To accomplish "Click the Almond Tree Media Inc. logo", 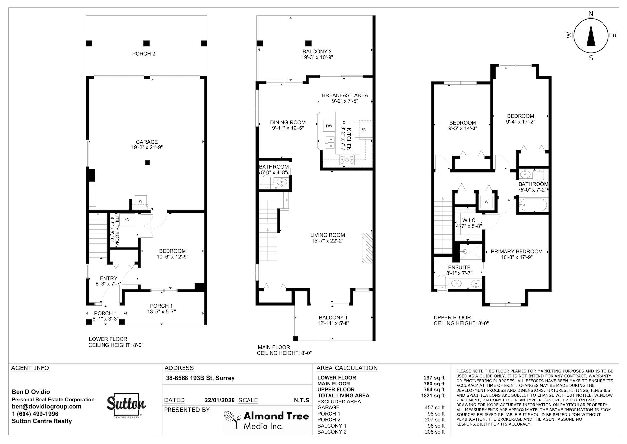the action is coord(266,420).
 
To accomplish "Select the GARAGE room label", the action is coord(147,142).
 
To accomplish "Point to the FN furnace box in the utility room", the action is coord(127,220).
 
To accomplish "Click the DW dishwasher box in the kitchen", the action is coord(329,126).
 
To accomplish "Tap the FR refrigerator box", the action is coord(363,130).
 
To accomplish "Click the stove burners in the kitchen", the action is coord(347,160).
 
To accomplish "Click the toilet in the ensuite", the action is coord(442,282).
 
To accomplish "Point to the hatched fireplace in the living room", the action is coord(367,248).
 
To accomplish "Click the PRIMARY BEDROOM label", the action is coord(517,252).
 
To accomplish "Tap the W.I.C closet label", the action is coord(469,220).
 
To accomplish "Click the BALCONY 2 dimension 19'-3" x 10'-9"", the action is coord(317,57).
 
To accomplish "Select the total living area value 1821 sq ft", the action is coord(433,396).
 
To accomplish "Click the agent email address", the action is coord(47,407).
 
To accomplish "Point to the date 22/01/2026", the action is coord(219,400).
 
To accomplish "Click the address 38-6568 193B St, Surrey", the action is coord(200,378).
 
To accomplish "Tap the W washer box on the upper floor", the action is coord(486,202).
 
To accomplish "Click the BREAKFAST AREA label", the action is coord(345,95).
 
